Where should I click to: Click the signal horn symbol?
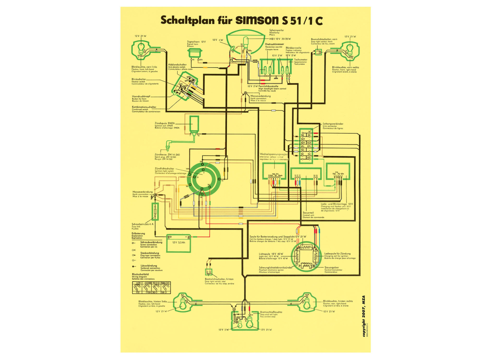tap(196, 51)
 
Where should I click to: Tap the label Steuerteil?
tap(308, 213)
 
